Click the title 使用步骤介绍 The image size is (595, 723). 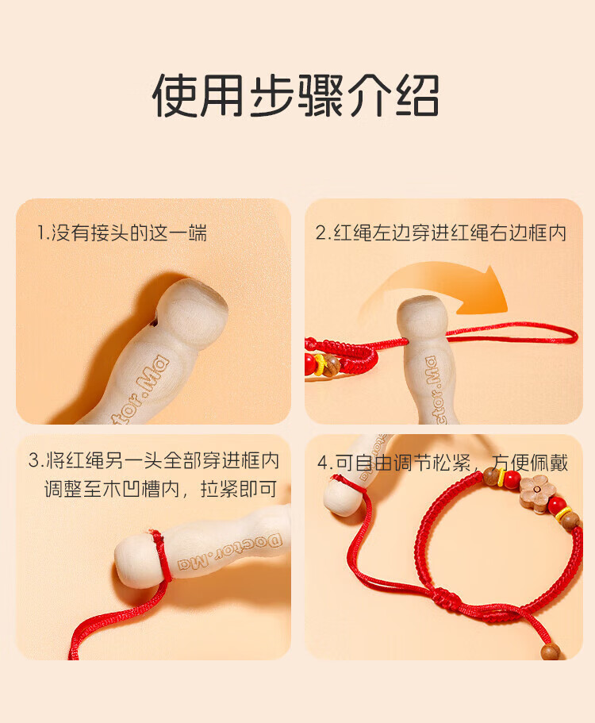[295, 95]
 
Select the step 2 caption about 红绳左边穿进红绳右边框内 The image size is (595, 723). [440, 233]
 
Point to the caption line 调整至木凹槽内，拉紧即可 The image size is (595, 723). [160, 489]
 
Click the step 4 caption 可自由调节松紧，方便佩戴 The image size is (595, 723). [443, 463]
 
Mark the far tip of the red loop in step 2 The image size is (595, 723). [576, 335]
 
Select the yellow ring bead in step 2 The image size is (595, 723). [319, 364]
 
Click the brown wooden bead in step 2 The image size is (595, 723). [331, 366]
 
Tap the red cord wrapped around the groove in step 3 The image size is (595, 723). [161, 556]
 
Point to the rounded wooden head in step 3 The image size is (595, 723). [136, 560]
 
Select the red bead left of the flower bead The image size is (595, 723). [512, 480]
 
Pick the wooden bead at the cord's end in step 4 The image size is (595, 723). [551, 651]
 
